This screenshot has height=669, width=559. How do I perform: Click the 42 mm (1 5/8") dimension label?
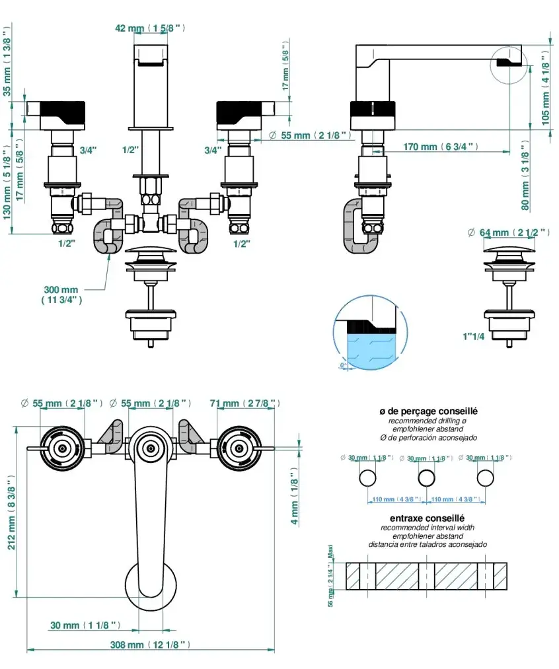click(150, 28)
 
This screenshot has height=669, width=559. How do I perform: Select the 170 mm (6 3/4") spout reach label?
click(441, 147)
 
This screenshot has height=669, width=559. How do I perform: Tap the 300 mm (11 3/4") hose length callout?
click(61, 295)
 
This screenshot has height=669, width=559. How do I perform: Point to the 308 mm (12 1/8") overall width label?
click(151, 645)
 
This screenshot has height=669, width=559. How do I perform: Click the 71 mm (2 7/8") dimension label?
click(244, 403)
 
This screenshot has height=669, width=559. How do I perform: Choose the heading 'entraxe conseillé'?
click(428, 518)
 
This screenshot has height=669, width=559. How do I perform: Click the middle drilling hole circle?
click(428, 478)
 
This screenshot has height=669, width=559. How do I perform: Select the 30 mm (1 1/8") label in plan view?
click(85, 625)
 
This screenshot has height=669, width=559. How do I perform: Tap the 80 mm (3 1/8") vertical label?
click(525, 175)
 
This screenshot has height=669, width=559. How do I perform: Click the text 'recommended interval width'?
click(428, 528)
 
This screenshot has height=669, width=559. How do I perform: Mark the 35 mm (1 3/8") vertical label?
click(7, 63)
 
